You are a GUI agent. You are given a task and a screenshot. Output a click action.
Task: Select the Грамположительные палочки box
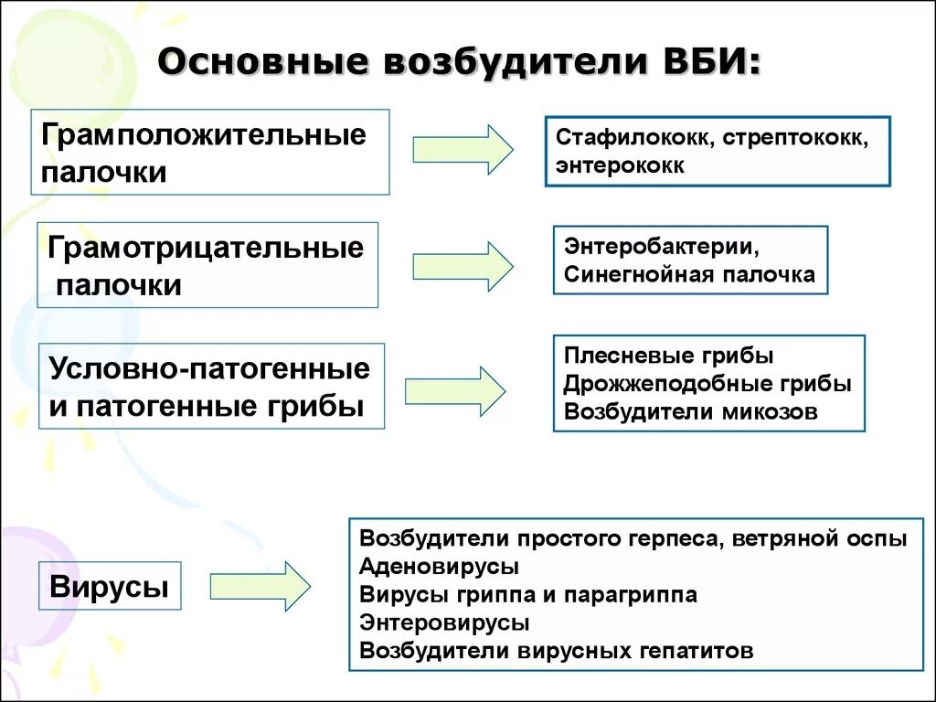tap(210, 152)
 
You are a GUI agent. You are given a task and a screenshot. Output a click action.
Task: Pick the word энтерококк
tap(619, 165)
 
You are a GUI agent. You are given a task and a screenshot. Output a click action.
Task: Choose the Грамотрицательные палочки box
tap(207, 265)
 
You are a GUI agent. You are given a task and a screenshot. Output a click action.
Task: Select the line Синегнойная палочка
tap(689, 274)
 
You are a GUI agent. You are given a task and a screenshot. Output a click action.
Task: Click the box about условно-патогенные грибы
tap(210, 386)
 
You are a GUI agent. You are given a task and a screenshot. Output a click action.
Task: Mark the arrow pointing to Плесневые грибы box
tap(454, 390)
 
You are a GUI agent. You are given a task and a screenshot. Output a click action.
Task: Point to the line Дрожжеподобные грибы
tap(707, 384)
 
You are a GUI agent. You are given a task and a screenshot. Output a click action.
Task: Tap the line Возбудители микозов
tap(690, 411)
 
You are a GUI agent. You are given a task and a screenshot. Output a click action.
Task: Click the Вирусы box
tap(110, 586)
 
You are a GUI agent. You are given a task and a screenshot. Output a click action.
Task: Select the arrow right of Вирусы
tap(261, 586)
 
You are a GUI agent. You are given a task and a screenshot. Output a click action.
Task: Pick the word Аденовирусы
tap(440, 567)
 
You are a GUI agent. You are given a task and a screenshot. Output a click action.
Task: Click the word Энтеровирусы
tap(444, 622)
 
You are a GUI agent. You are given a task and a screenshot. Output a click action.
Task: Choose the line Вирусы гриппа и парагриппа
tap(528, 595)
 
